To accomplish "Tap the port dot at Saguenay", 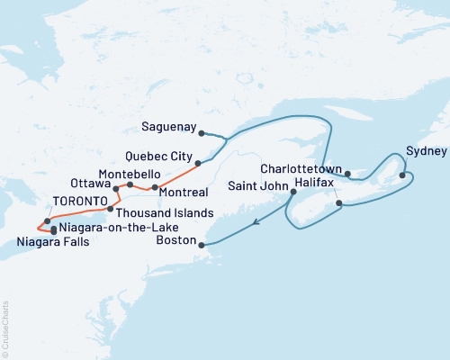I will coord(201,133).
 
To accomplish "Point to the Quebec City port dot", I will coord(198,163).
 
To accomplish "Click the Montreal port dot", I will coord(156,188).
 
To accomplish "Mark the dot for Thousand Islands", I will coord(110,210).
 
